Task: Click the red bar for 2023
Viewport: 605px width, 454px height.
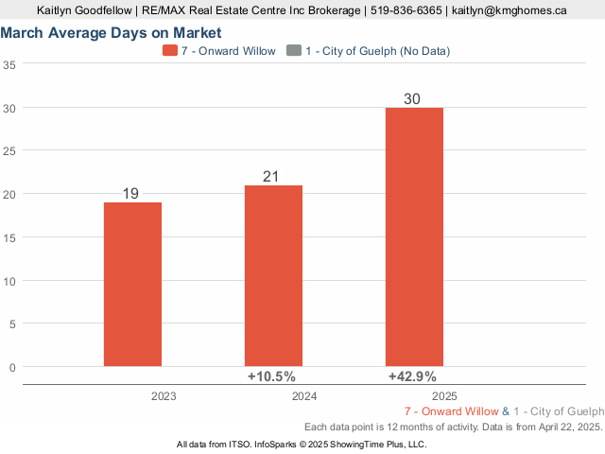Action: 131,284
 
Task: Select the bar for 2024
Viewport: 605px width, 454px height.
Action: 273,275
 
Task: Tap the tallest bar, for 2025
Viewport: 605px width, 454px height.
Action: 414,236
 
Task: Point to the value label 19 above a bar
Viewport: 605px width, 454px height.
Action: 131,194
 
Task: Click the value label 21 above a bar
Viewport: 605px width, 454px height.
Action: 273,177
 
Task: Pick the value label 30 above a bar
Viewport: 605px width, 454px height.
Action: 412,99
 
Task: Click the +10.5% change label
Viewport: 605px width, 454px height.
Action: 271,376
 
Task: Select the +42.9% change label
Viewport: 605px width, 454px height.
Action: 414,376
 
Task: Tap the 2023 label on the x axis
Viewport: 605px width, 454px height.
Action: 164,396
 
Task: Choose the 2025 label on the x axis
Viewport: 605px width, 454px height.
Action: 445,396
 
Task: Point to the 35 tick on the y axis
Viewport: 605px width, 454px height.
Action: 9,65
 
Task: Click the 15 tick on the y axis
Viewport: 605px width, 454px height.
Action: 9,237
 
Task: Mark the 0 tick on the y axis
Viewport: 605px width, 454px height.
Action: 11,367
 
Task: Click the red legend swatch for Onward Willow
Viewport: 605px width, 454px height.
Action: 170,50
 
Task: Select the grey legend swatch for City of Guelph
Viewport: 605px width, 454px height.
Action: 293,50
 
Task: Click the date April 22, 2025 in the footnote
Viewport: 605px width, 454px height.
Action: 564,428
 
